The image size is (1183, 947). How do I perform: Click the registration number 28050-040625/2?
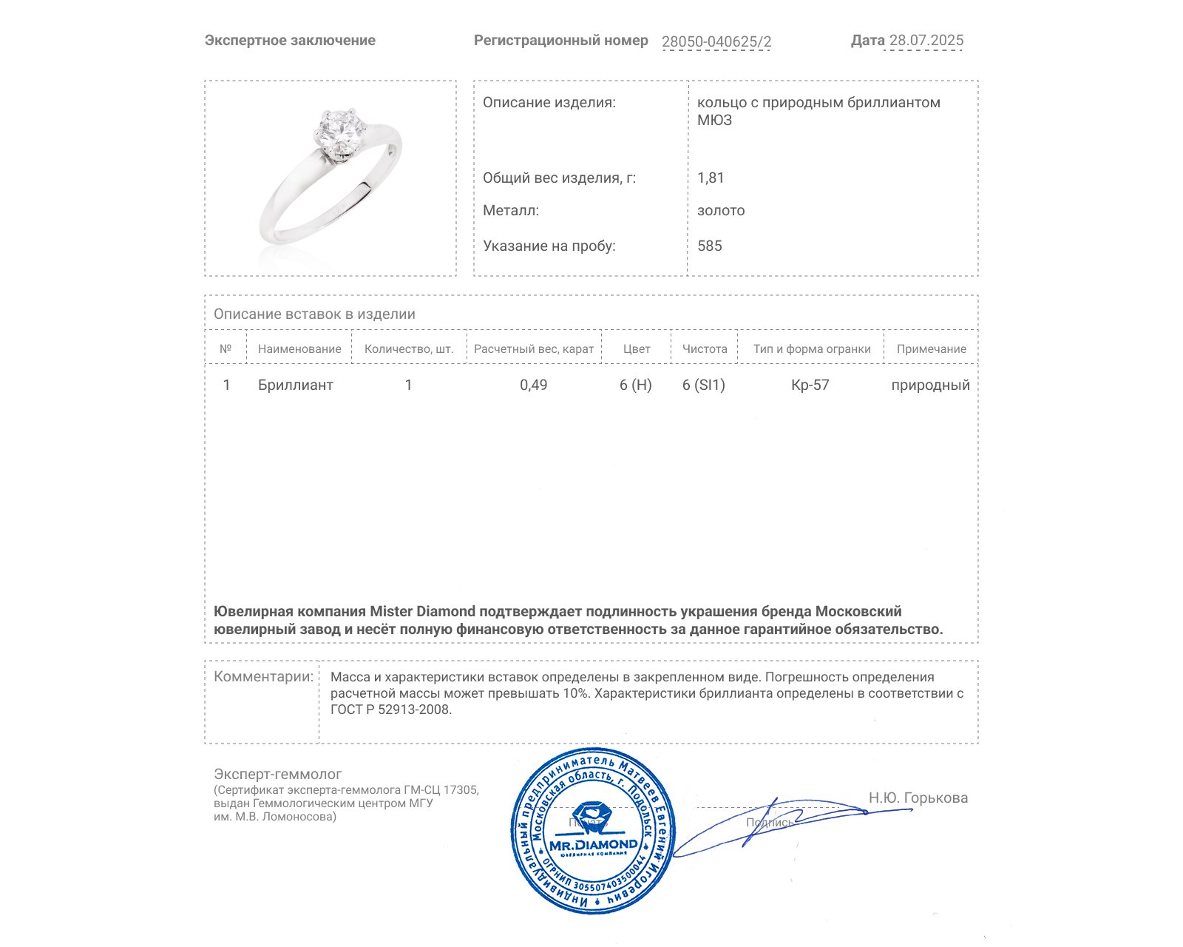pyautogui.click(x=716, y=41)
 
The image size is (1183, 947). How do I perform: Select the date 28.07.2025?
pyautogui.click(x=926, y=41)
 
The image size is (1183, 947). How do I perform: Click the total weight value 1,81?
pyautogui.click(x=711, y=178)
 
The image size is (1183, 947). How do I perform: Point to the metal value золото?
pyautogui.click(x=721, y=210)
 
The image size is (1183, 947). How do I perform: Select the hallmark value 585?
pyautogui.click(x=710, y=246)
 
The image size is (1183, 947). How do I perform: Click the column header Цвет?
pyautogui.click(x=636, y=349)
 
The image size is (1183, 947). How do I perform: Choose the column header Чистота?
pyautogui.click(x=705, y=349)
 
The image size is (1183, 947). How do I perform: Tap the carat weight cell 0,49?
pyautogui.click(x=533, y=385)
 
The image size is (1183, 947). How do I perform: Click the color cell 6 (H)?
pyautogui.click(x=636, y=385)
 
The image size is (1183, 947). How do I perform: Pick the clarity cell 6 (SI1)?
pyautogui.click(x=704, y=385)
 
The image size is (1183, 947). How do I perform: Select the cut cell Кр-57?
pyautogui.click(x=810, y=385)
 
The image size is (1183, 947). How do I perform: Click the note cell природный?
pyautogui.click(x=930, y=385)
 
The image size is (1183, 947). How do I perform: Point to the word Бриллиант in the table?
pyautogui.click(x=296, y=385)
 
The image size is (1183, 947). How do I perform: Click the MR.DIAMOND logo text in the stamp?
pyautogui.click(x=593, y=845)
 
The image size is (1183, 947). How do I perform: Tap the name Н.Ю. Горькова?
pyautogui.click(x=918, y=798)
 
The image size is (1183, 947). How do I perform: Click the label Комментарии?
pyautogui.click(x=263, y=676)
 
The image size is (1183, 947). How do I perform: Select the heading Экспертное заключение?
pyautogui.click(x=290, y=41)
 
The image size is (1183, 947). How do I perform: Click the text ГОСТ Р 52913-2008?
pyautogui.click(x=390, y=710)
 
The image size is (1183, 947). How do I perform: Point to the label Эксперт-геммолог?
pyautogui.click(x=278, y=774)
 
